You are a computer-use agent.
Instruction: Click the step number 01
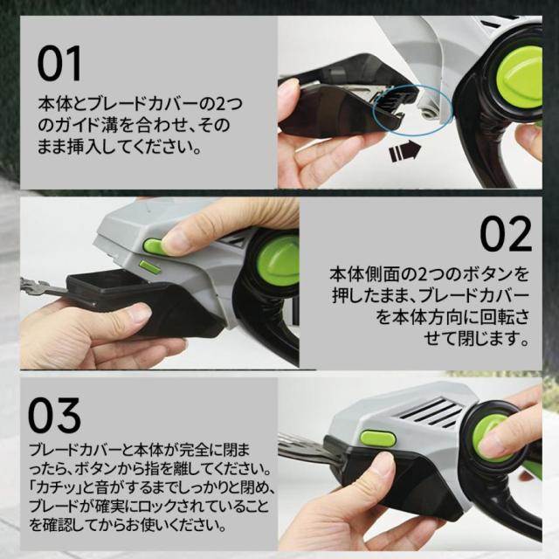click(59, 64)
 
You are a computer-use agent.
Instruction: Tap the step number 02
click(506, 234)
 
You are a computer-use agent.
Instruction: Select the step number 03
click(54, 415)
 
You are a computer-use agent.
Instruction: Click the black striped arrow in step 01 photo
click(405, 150)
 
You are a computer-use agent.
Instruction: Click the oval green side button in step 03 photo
click(378, 438)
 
